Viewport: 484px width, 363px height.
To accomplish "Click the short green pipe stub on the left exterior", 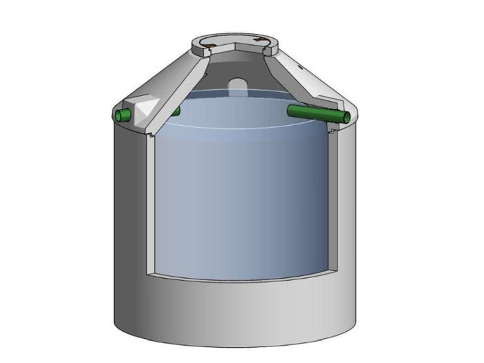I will click(x=125, y=115).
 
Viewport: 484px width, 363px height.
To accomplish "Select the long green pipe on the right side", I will click(x=315, y=113).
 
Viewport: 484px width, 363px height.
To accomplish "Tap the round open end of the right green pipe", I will click(x=344, y=118).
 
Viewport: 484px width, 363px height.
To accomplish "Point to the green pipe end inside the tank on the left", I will click(x=176, y=111).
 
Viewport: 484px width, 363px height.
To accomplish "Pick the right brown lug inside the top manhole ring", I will click(x=259, y=41).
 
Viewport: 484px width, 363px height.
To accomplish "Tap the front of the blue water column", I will click(x=235, y=201).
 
